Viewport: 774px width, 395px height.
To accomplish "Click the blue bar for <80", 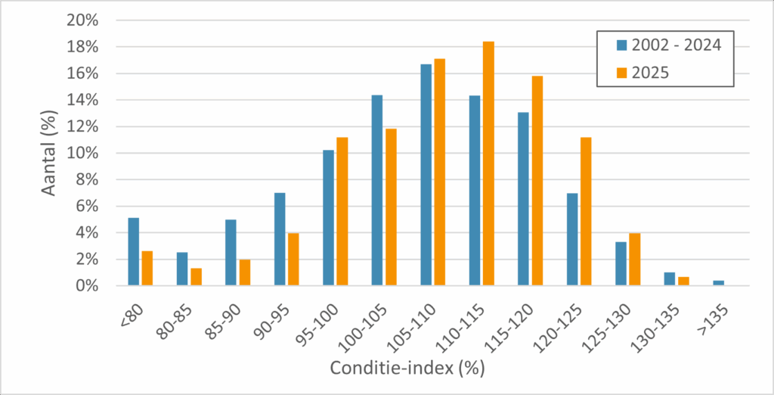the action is click(133, 252).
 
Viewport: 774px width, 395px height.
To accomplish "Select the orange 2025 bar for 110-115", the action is click(489, 163).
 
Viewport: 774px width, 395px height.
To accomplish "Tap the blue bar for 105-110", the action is click(426, 175).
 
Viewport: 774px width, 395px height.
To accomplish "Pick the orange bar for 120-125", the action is click(586, 212).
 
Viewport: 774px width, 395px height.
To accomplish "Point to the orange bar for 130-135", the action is click(683, 281).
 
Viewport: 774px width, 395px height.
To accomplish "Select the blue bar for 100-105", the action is click(377, 191).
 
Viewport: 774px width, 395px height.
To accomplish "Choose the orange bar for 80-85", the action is click(196, 277).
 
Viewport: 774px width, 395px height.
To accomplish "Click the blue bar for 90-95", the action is click(280, 239).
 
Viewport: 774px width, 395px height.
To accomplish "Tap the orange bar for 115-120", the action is click(537, 181).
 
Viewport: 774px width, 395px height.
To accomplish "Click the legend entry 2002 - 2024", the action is click(670, 45).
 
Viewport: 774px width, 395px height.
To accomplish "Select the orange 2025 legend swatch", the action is click(621, 73).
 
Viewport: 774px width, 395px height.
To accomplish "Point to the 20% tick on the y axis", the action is click(83, 21).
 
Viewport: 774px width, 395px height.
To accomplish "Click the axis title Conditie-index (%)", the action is click(407, 369).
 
